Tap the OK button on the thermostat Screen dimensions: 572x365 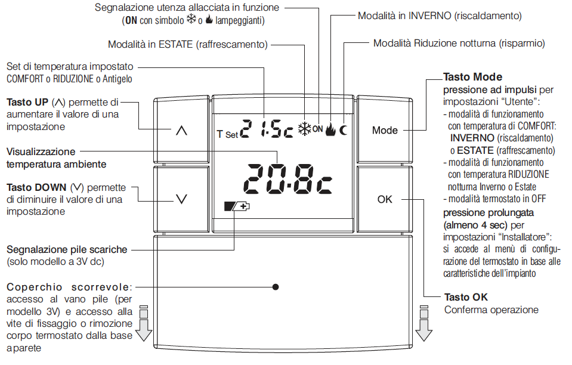[385, 199]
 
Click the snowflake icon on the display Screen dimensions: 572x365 [305, 129]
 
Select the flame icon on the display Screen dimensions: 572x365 [330, 129]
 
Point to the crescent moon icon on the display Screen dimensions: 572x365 [344, 130]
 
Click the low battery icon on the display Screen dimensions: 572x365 [237, 207]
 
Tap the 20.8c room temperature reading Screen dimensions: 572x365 [288, 179]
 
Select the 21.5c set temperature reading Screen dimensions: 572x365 [267, 129]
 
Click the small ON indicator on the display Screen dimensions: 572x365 [318, 129]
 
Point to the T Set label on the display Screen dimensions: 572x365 [227, 134]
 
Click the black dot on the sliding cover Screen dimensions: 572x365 [276, 287]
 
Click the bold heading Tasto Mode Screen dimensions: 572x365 [473, 77]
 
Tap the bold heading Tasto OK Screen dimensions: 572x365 [466, 297]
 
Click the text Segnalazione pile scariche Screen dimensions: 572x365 [67, 249]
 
